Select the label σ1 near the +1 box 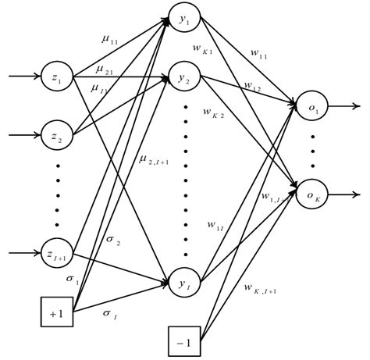point(73,278)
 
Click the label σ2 point(112,242)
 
